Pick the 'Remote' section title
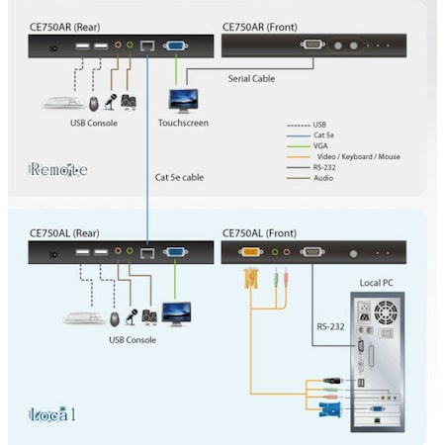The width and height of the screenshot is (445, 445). click(58, 169)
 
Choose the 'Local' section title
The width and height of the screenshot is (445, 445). click(52, 412)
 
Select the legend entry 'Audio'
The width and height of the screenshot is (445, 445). click(324, 178)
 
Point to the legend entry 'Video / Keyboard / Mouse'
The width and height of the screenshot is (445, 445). click(357, 157)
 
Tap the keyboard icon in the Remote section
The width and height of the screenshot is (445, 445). click(62, 102)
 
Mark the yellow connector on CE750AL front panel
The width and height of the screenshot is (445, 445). click(249, 252)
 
